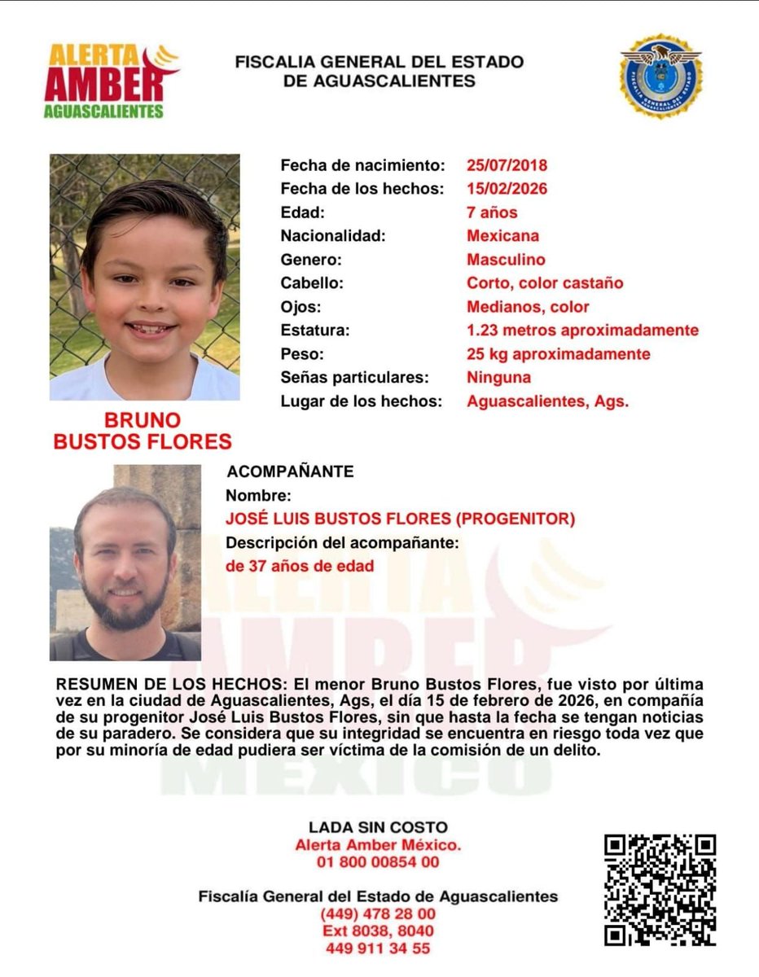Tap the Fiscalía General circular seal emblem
660,76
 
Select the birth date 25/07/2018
507,165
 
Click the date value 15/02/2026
507,189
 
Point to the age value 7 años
492,212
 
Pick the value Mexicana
502,236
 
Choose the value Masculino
506,260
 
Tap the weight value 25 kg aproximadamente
558,354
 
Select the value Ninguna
498,378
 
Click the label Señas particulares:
354,378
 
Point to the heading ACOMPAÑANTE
290,471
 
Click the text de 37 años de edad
300,566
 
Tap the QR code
660,890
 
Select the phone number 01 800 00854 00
379,862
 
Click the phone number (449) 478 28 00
379,914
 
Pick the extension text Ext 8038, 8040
379,931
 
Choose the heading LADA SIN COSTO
379,828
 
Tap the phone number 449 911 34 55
379,948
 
